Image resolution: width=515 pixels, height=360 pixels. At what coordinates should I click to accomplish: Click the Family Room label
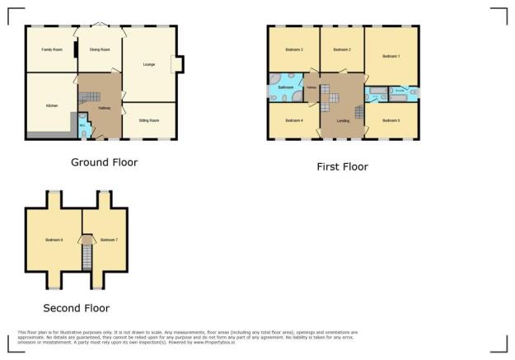52,50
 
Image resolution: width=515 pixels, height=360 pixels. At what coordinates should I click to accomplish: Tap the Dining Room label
100,50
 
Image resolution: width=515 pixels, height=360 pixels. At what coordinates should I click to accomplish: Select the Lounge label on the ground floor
149,64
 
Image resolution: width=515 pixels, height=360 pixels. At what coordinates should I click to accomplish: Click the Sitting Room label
148,120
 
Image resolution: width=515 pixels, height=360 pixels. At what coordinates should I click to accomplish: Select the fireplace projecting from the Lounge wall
178,65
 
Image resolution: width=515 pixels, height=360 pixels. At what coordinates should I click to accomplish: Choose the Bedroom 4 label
294,120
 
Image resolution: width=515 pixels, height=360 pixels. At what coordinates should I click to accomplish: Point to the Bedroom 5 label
391,120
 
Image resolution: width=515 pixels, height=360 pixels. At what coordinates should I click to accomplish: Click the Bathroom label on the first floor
286,86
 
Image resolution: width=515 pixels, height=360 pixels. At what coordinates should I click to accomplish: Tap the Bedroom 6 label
54,240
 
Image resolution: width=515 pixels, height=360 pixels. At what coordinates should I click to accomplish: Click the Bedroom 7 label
109,240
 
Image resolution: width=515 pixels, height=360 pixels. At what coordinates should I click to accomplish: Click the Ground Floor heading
105,162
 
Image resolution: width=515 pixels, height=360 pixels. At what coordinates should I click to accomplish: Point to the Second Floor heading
77,308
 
